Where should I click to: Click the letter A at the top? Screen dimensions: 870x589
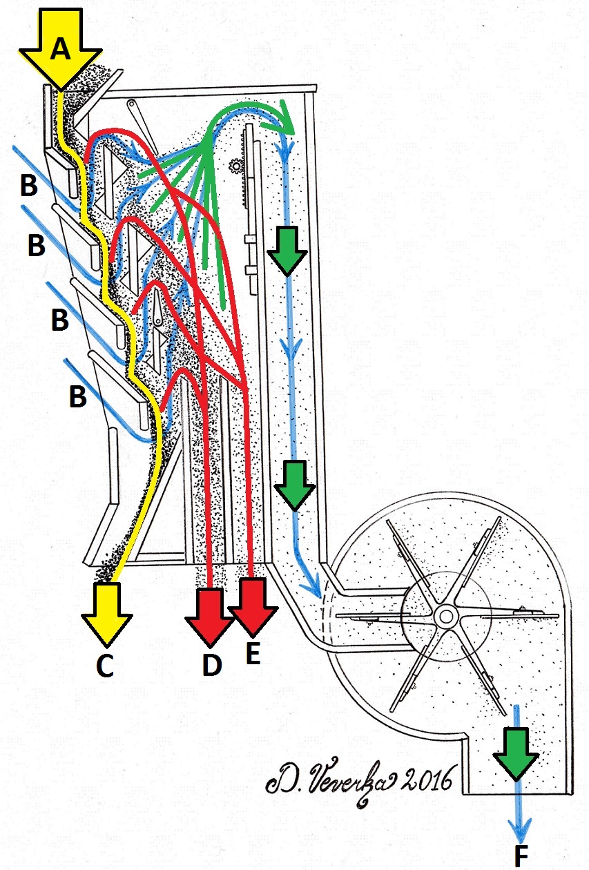pyautogui.click(x=61, y=48)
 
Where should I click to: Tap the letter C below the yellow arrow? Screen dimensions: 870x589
pyautogui.click(x=104, y=664)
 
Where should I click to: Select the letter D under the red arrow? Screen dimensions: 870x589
pyautogui.click(x=211, y=664)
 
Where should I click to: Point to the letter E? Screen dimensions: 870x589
pyautogui.click(x=253, y=653)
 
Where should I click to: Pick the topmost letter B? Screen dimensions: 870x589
pyautogui.click(x=29, y=185)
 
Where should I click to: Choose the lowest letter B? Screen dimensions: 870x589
pyautogui.click(x=78, y=396)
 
